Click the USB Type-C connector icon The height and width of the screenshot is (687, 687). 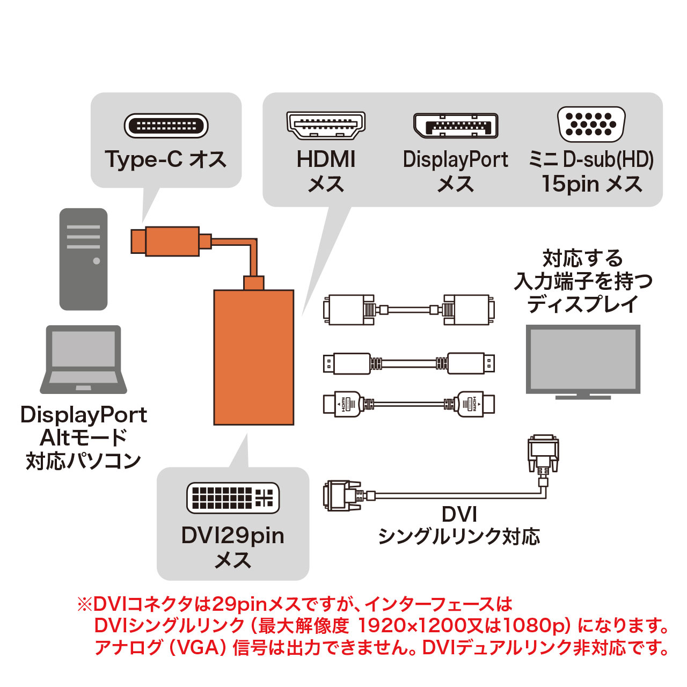pos(166,126)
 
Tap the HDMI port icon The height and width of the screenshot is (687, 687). pos(326,126)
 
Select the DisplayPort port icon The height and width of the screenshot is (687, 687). pos(455,126)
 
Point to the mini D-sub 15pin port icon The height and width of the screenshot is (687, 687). pos(591,124)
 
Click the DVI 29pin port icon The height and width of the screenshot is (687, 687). pos(233,498)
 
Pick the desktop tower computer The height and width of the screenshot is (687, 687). pos(83,259)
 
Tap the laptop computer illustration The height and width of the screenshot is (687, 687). pos(83,360)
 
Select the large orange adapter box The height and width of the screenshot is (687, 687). pos(254,357)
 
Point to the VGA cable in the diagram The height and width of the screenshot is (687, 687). pos(409,310)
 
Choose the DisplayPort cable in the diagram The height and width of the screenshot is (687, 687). pos(409,363)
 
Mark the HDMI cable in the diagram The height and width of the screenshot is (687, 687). pos(409,404)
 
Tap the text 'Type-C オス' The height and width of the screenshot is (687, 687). pos(166,159)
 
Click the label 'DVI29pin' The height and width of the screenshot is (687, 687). pos(233,536)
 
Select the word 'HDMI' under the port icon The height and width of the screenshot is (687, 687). pos(326,159)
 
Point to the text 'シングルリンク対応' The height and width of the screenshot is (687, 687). pos(459,536)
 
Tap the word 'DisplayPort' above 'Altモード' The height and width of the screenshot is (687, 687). pos(83,415)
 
